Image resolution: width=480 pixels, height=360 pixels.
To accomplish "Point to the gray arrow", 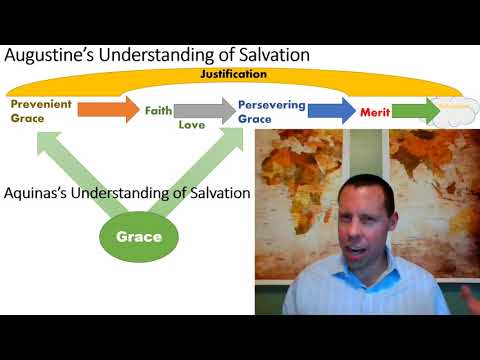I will (206, 109).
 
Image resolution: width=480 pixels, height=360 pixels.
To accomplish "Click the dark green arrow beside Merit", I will (414, 109).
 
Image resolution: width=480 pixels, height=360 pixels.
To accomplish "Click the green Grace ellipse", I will (139, 237).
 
